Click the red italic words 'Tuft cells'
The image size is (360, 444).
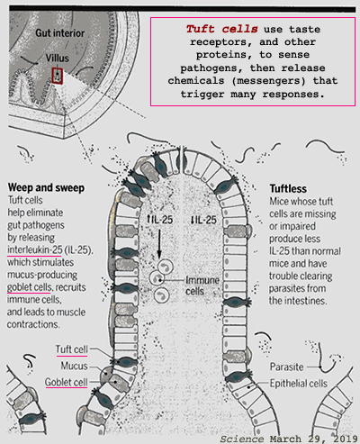point(221,29)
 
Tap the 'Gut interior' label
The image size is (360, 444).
point(60,33)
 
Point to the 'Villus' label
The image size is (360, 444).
point(58,58)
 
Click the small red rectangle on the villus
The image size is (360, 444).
point(57,76)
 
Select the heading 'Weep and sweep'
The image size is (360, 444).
point(46,188)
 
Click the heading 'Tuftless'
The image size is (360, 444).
point(288,189)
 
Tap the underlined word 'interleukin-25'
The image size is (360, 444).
point(35,249)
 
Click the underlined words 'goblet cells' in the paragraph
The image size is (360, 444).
point(30,287)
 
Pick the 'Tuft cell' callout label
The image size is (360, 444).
point(72,349)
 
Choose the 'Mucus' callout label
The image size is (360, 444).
point(75,366)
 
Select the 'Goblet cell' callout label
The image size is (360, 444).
point(67,383)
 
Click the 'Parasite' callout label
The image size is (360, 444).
point(287,367)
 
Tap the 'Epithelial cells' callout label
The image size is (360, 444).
point(299,384)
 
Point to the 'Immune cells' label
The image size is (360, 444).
point(202,285)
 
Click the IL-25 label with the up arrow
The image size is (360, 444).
point(159,220)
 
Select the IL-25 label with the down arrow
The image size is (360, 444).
point(203,220)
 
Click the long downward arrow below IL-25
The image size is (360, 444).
point(159,244)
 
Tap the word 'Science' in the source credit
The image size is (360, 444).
point(242,439)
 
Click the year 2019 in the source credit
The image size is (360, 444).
point(345,439)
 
